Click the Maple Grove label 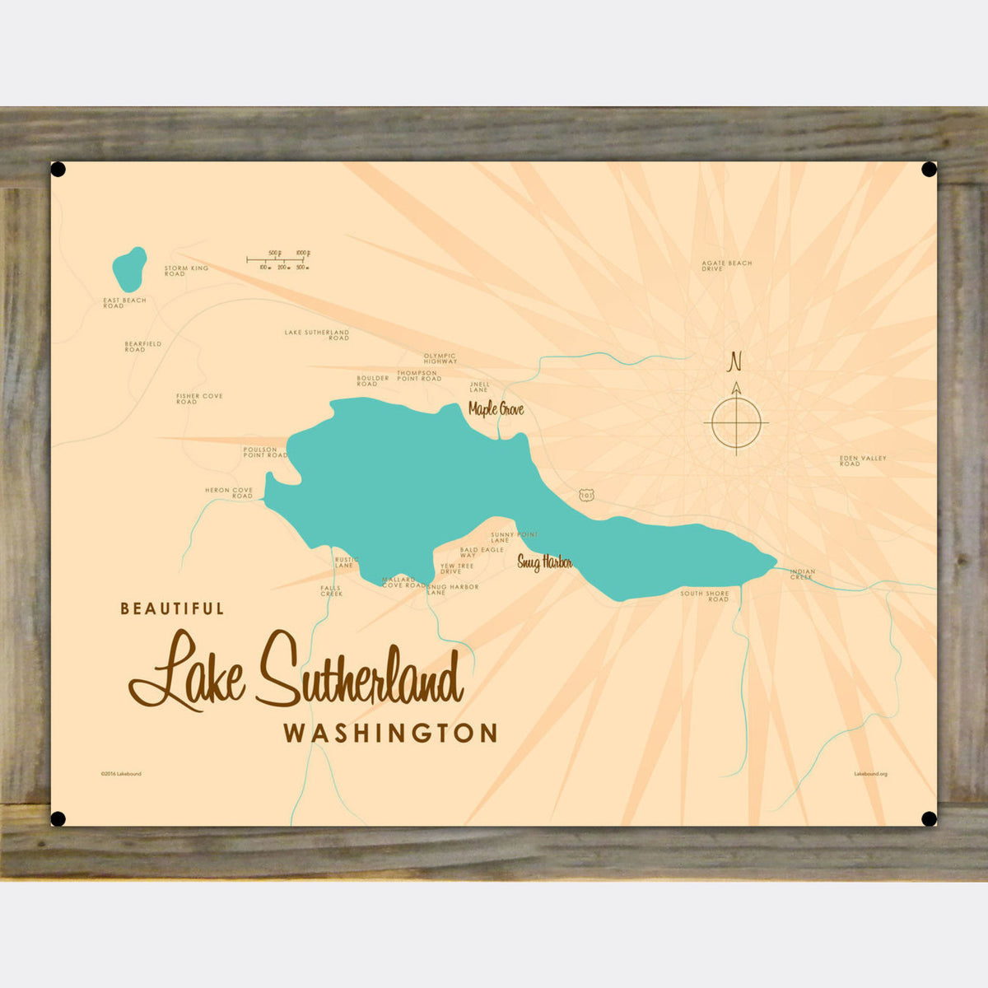[496, 408]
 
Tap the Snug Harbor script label [544, 563]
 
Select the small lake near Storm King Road [129, 263]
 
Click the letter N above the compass [735, 361]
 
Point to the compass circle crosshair [735, 423]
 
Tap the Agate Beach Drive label [726, 266]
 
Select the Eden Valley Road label [862, 461]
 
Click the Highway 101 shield [585, 495]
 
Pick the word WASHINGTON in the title [390, 733]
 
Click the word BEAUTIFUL [172, 608]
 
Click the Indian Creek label [802, 575]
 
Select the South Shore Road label [705, 596]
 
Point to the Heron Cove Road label [229, 493]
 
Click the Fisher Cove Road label [199, 398]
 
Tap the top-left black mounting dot [58, 170]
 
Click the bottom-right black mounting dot [929, 818]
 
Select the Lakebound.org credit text [870, 774]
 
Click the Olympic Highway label [440, 359]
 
